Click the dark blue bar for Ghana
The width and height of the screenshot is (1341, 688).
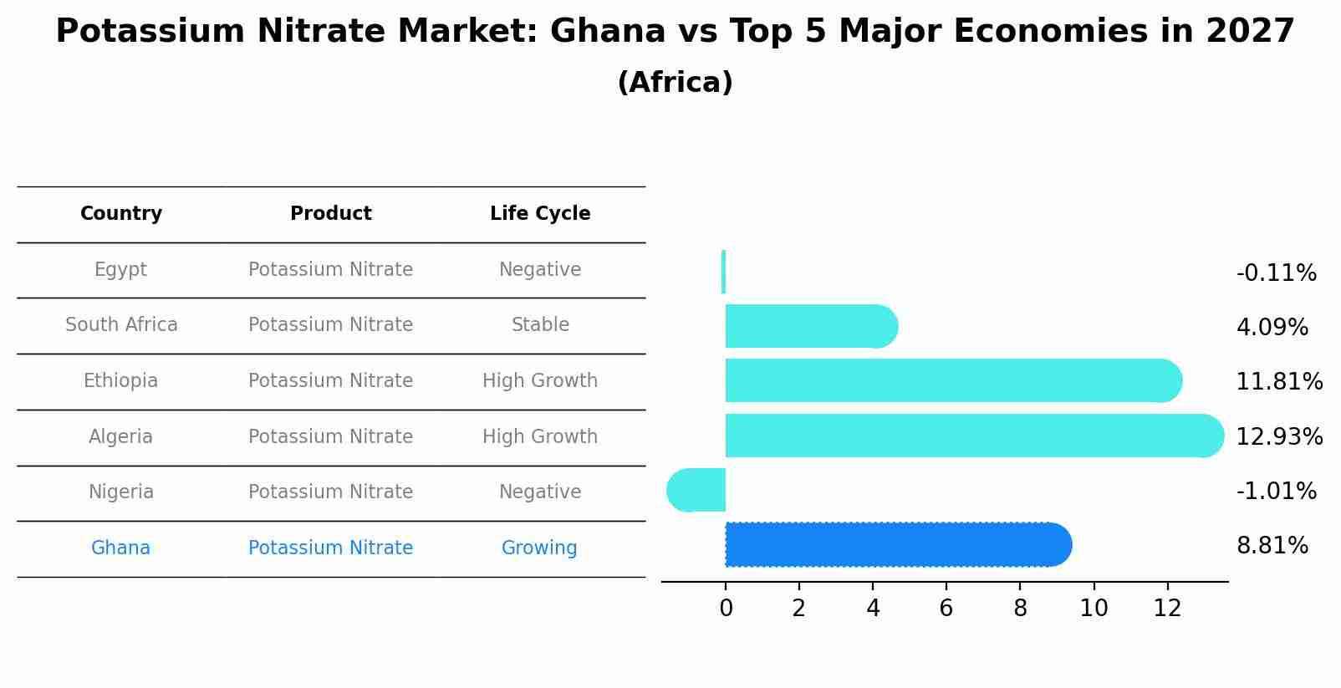pos(895,545)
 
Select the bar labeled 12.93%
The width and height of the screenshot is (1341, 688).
pos(970,436)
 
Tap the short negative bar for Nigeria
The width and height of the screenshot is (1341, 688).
pos(697,490)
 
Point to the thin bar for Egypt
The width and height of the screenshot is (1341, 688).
pos(723,272)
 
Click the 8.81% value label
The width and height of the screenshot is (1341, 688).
pos(1272,546)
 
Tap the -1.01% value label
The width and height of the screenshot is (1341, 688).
pos(1276,491)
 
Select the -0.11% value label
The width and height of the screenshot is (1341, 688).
pos(1276,273)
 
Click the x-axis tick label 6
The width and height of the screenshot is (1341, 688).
pos(946,609)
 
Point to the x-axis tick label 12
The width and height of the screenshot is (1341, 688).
pos(1167,609)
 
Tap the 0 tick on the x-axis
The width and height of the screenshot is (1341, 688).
pos(726,609)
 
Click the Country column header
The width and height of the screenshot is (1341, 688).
pos(121,214)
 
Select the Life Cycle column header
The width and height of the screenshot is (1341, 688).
pos(540,214)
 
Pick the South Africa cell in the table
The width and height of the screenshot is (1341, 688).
pos(121,325)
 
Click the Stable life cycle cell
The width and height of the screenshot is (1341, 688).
pos(540,325)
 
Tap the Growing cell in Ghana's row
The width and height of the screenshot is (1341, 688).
pos(539,548)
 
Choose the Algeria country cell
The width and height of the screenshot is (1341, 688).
pos(121,436)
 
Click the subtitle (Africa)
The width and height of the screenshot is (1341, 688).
pos(675,83)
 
